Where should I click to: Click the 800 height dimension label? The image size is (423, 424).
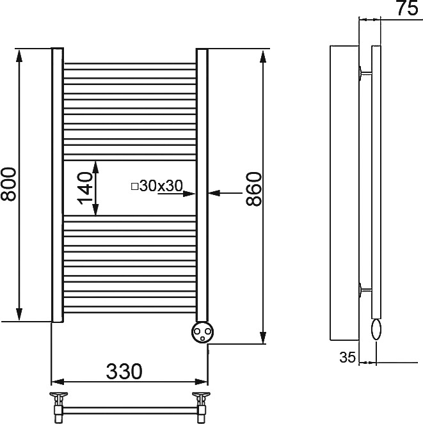pos(9,184)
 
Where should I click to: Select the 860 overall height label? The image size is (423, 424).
pos(254,189)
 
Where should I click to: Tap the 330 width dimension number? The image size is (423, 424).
pos(124,372)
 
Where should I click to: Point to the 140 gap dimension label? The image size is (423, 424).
pos(84,188)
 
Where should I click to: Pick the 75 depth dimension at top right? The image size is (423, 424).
pos(408,8)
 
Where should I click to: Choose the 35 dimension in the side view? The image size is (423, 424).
pos(347,357)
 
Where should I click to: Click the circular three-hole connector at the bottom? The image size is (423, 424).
pos(202,331)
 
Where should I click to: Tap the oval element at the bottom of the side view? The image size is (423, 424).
pos(376,329)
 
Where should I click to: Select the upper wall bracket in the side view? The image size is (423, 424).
pos(365,73)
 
